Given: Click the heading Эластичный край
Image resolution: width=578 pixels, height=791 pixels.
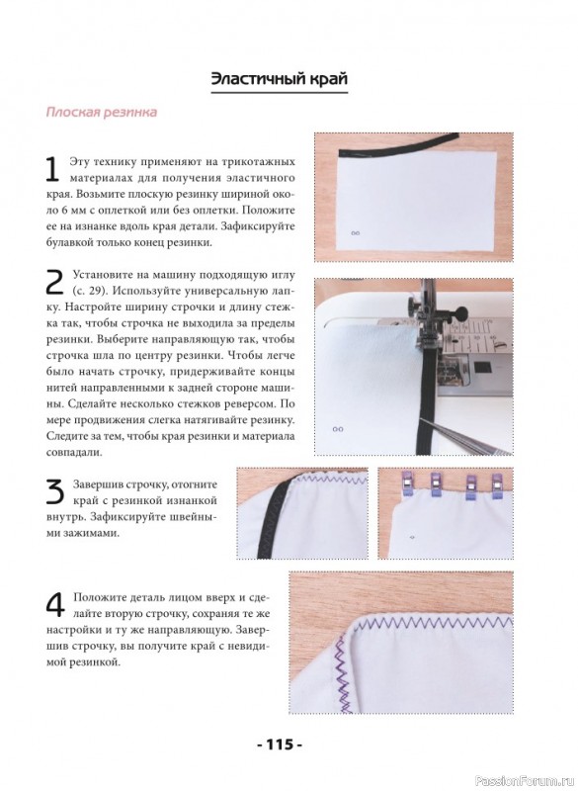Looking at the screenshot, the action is pos(280,79).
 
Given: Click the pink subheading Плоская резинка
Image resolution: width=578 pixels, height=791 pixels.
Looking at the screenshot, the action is pos(102,112).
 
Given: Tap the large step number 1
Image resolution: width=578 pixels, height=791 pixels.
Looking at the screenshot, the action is pos(52,169).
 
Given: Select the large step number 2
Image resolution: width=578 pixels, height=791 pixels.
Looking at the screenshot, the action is pos(54,283).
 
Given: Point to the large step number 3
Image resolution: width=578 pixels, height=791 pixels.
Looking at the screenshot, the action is pos(54,491).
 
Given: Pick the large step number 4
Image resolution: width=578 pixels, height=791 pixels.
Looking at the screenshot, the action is pos(55,605).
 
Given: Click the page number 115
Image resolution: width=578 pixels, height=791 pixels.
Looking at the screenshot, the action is pos(280,745).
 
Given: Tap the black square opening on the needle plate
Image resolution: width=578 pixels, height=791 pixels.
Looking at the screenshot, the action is pos(481,368).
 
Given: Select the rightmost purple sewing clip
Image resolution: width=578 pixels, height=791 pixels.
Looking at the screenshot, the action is pos(496,486).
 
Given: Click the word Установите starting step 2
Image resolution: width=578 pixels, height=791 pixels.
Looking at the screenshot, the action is pos(104,276).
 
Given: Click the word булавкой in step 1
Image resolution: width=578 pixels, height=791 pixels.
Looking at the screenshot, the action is pos(70,242).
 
